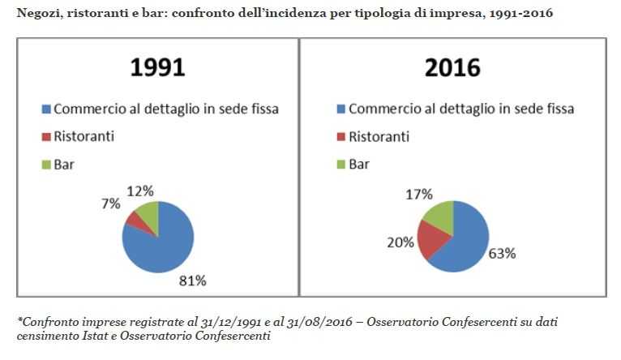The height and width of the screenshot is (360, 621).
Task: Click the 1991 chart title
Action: click(158, 67)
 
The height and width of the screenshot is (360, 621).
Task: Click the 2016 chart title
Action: click(452, 67)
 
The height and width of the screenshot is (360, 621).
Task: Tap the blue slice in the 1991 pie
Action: click(162, 243)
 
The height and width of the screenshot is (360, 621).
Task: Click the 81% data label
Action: click(193, 281)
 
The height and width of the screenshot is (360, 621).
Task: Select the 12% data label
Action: click(139, 191)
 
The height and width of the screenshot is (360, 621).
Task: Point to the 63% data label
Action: click(503, 252)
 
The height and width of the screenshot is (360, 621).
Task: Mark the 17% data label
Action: click(419, 195)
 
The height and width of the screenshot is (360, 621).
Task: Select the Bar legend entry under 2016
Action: click(358, 164)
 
